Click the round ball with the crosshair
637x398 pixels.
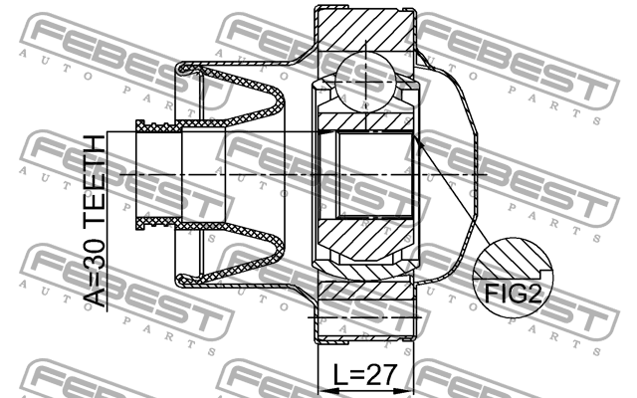(x=367, y=81)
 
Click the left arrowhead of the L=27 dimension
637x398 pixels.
(x=320, y=389)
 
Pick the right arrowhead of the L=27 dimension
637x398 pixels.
(x=411, y=389)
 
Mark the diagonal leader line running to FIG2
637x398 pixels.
(x=457, y=199)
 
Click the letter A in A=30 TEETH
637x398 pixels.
(x=94, y=298)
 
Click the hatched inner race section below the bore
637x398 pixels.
(x=366, y=239)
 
